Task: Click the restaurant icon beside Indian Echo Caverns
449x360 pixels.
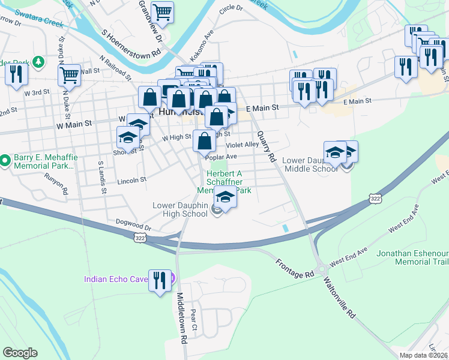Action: point(159,281)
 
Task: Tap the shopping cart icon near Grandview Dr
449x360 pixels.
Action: point(162,12)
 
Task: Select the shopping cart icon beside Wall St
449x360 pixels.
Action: point(70,76)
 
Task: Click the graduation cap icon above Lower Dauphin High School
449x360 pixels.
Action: point(225,197)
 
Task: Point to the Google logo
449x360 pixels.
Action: point(20,353)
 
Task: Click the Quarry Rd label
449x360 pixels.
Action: point(265,147)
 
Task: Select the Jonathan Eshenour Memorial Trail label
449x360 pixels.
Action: point(412,257)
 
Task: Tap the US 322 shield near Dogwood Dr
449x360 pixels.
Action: point(139,238)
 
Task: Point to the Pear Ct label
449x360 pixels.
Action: point(193,320)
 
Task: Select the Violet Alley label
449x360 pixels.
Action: point(243,145)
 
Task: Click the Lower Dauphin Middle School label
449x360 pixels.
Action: point(310,164)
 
